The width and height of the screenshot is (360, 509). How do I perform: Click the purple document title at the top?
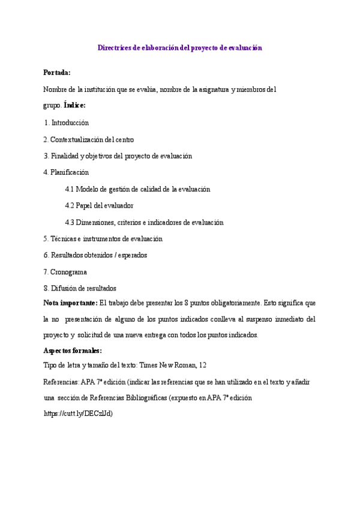coord(180,47)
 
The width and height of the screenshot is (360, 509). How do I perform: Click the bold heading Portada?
coord(57,73)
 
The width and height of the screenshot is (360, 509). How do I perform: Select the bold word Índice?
coord(74,106)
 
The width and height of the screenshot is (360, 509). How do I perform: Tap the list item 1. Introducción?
coord(67,122)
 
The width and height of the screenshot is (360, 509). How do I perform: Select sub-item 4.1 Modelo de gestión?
coord(137,189)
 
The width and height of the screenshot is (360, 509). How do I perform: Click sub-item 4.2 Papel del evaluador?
coord(99,206)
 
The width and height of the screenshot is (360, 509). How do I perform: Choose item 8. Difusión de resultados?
coord(80,288)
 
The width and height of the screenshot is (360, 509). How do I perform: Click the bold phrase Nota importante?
coord(71,303)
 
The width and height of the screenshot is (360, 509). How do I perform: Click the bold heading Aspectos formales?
coord(73,351)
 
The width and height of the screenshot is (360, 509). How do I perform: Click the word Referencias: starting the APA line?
coord(61,382)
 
